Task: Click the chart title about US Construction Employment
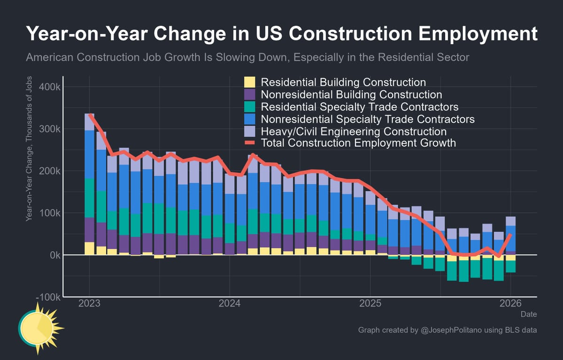coord(281,35)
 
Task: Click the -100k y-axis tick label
coord(46,297)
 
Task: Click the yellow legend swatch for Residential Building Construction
coord(249,82)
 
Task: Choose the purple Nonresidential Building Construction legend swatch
coord(249,94)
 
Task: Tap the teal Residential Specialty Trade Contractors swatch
coord(249,107)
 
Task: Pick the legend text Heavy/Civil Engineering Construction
coord(354,131)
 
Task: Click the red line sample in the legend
coord(249,143)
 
